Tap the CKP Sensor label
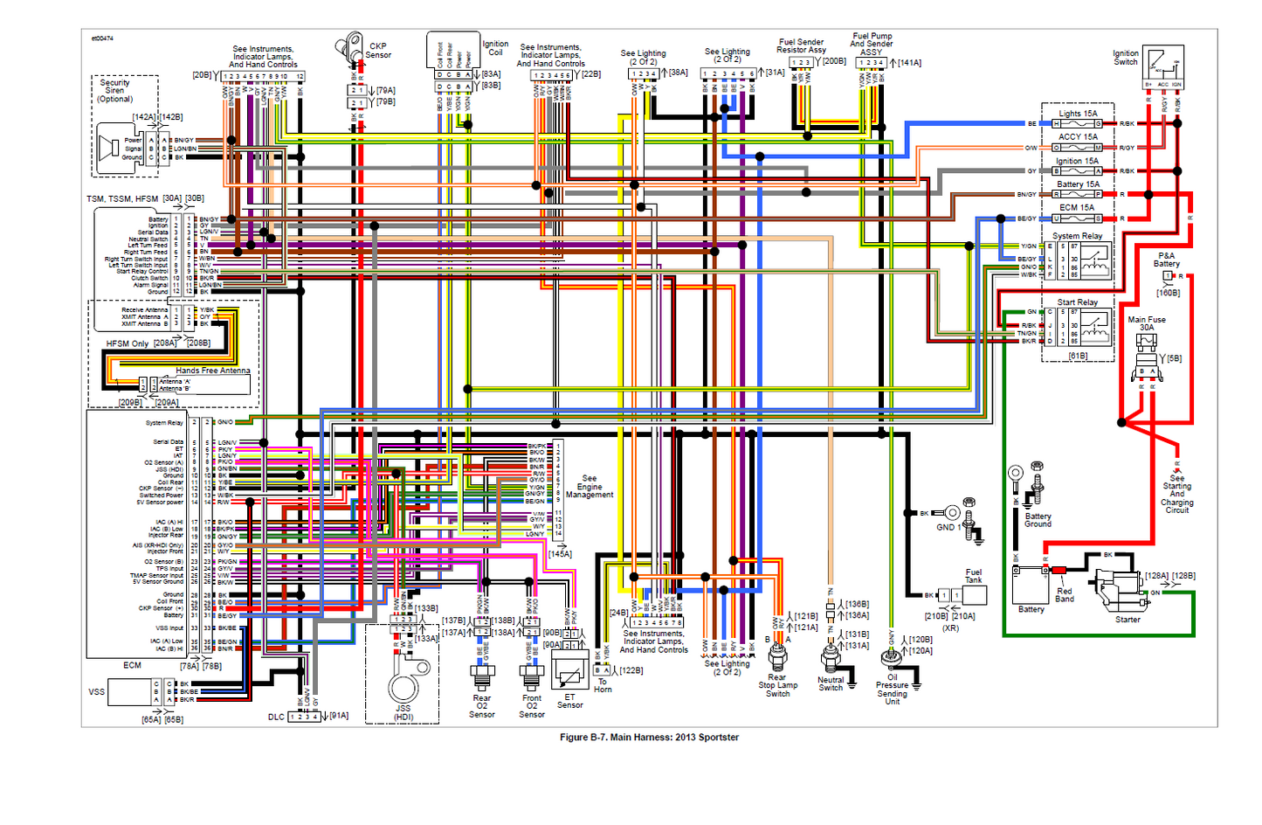378,51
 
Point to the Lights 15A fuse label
1078,114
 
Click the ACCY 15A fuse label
1078,136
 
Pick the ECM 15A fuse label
1076,207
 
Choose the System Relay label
1077,236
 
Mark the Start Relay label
1077,302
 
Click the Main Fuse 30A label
1146,323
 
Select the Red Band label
1064,595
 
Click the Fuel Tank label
973,576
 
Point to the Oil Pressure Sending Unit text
892,689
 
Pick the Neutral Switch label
831,683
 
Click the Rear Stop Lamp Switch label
776,685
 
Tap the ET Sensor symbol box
569,671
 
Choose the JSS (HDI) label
403,713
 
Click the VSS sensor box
129,691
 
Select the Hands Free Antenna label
212,371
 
